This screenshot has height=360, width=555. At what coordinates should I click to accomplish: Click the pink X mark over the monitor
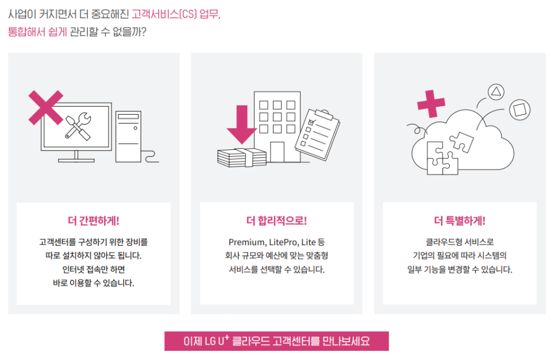coord(46,107)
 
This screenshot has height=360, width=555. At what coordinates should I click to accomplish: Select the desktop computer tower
coord(128,136)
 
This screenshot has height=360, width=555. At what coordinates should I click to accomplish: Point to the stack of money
coord(242,154)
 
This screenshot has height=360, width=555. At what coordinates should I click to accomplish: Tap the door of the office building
coord(277,152)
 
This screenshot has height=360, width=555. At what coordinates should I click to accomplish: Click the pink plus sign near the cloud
coord(431,104)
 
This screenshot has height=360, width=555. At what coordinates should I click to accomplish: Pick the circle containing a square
coord(519,109)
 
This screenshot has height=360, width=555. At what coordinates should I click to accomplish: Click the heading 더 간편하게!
coord(93,220)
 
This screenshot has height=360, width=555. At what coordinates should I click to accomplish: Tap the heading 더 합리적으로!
coord(276,220)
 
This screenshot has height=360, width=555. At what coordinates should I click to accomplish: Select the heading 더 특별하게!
coord(460,220)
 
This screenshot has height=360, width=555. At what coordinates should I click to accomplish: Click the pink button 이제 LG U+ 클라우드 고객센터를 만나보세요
coord(276,341)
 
